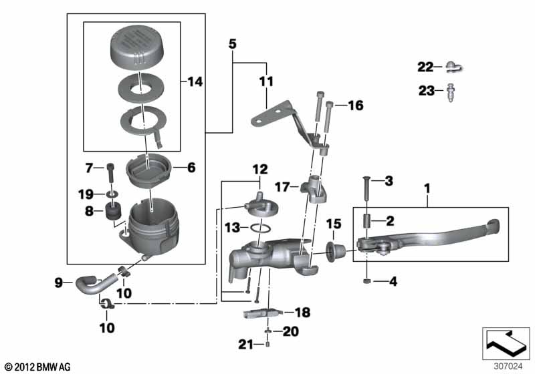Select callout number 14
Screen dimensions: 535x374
(x=195, y=81)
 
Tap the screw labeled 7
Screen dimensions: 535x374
(x=110, y=174)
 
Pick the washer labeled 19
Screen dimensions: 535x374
(x=112, y=194)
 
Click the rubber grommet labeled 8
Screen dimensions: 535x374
(x=113, y=211)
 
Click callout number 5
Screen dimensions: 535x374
(x=232, y=44)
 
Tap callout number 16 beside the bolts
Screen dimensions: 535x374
(x=356, y=106)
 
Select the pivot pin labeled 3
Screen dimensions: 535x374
(x=366, y=191)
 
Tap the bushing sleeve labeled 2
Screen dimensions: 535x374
(x=366, y=221)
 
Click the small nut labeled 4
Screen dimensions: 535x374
(x=366, y=281)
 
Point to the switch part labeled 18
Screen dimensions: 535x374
(x=263, y=313)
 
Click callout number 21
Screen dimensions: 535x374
(x=245, y=345)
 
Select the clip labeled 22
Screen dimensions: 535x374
(x=454, y=67)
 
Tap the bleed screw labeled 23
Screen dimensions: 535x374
(x=450, y=92)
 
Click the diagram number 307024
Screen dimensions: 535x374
(x=508, y=366)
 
